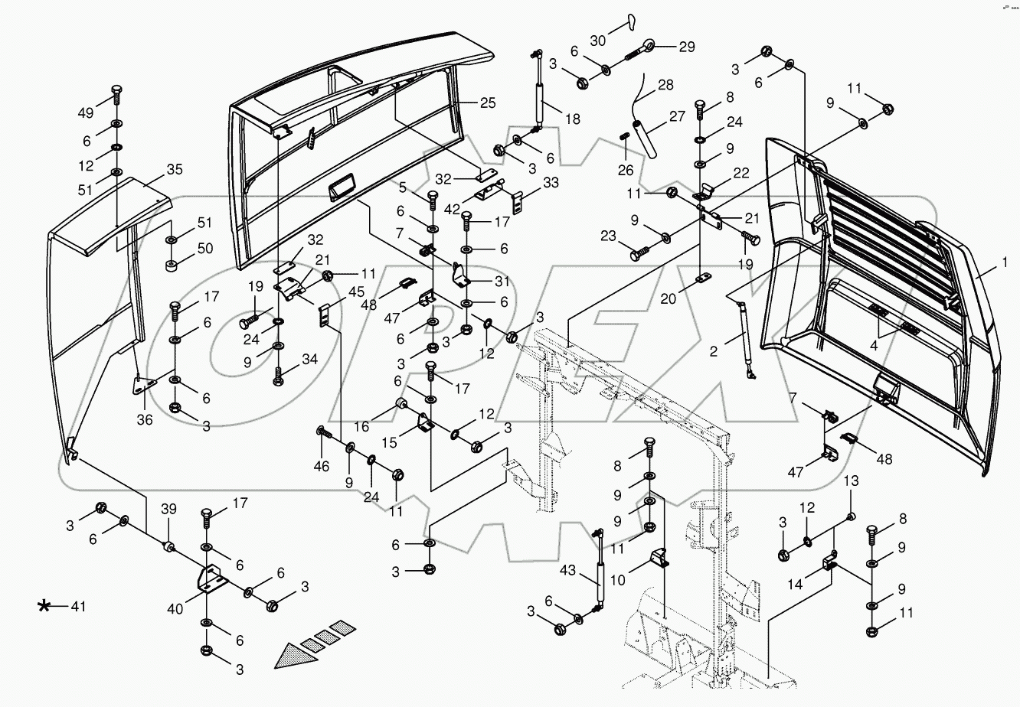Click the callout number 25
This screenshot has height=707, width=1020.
tap(488, 102)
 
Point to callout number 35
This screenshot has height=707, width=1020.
tap(175, 169)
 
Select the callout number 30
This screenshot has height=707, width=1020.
tap(597, 40)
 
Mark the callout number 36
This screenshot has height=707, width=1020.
tap(145, 419)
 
